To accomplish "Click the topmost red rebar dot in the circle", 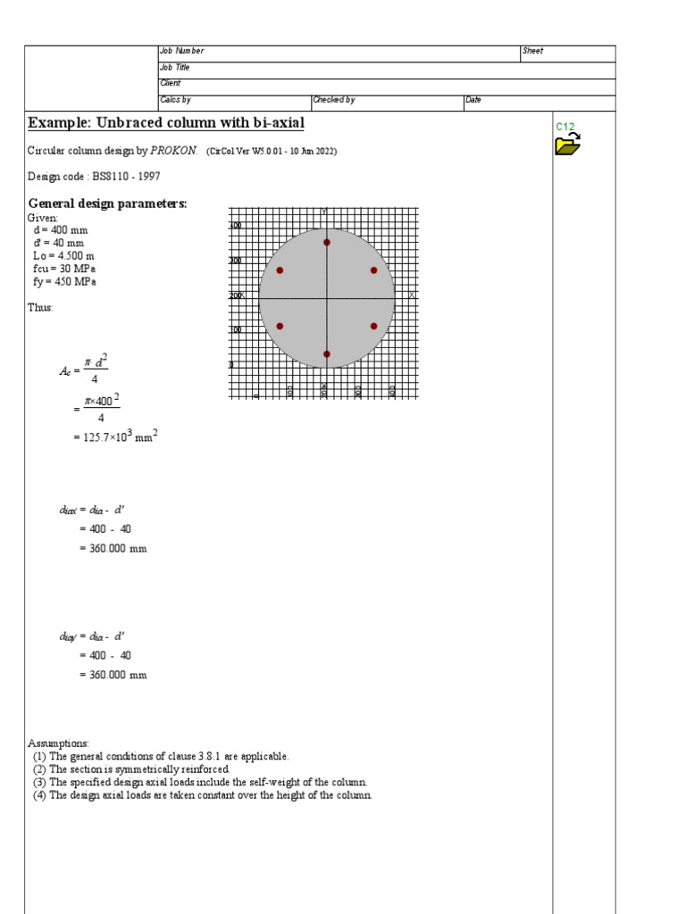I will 327,242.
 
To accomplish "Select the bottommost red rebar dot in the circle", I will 327,354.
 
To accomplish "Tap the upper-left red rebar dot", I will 280,270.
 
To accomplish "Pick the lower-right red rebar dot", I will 373,326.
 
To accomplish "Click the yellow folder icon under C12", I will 567,144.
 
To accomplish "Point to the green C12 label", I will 565,127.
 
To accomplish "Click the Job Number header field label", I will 182,52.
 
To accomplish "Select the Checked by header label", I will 334,100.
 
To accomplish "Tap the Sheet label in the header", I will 532,52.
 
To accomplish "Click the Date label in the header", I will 473,100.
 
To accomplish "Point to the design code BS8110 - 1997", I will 94,177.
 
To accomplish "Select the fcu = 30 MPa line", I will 64,269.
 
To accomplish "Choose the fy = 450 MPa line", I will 64,281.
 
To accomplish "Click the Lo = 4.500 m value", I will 63,255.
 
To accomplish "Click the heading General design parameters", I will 107,204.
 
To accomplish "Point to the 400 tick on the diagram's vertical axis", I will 236,226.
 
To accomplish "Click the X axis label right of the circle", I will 411,295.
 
